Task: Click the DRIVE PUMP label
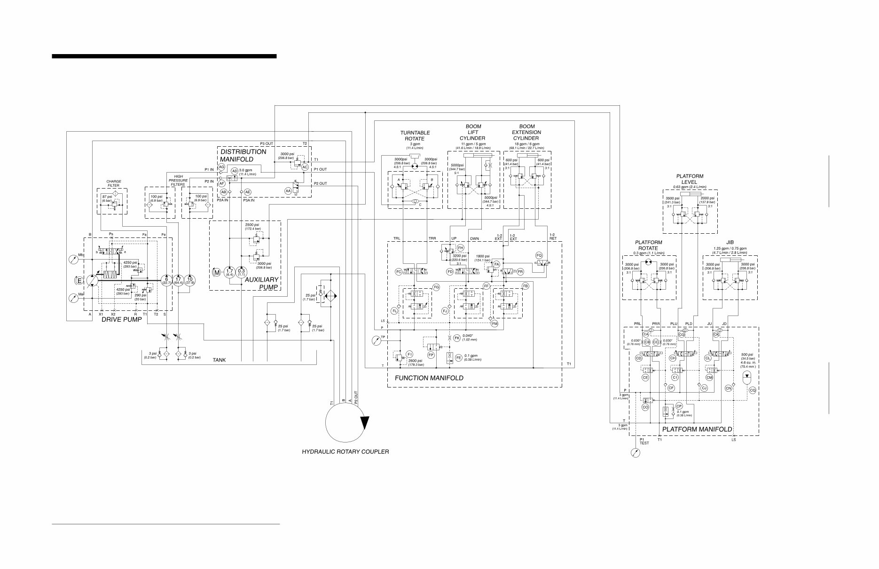click(121, 319)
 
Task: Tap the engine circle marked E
click(79, 281)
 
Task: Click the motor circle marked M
click(217, 272)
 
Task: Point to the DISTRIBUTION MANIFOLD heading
click(243, 156)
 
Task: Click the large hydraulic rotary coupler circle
click(346, 422)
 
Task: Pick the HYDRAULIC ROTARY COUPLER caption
click(345, 452)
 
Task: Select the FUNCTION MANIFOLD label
click(429, 378)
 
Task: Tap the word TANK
click(219, 360)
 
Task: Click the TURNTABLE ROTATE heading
click(415, 135)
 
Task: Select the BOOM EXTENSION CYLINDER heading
click(526, 132)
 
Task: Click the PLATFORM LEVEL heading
click(690, 179)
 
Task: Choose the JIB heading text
click(730, 243)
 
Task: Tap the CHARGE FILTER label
click(114, 183)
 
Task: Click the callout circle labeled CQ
click(752, 390)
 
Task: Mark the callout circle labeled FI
click(409, 354)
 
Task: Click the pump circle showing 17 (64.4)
click(178, 281)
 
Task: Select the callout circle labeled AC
click(305, 167)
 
